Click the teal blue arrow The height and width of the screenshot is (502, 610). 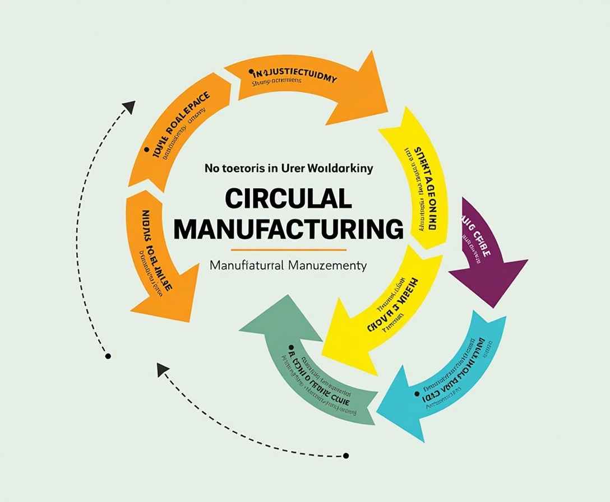pos(449,387)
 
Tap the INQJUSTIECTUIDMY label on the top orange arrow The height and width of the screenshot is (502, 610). pos(294,76)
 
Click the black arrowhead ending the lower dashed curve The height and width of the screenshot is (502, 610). pos(163,369)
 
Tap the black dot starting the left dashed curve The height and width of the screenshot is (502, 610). pos(108,356)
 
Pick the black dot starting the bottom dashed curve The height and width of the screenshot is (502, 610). pos(346,455)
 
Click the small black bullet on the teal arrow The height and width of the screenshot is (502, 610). pos(417,394)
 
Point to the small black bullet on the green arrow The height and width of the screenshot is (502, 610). pos(291,348)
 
